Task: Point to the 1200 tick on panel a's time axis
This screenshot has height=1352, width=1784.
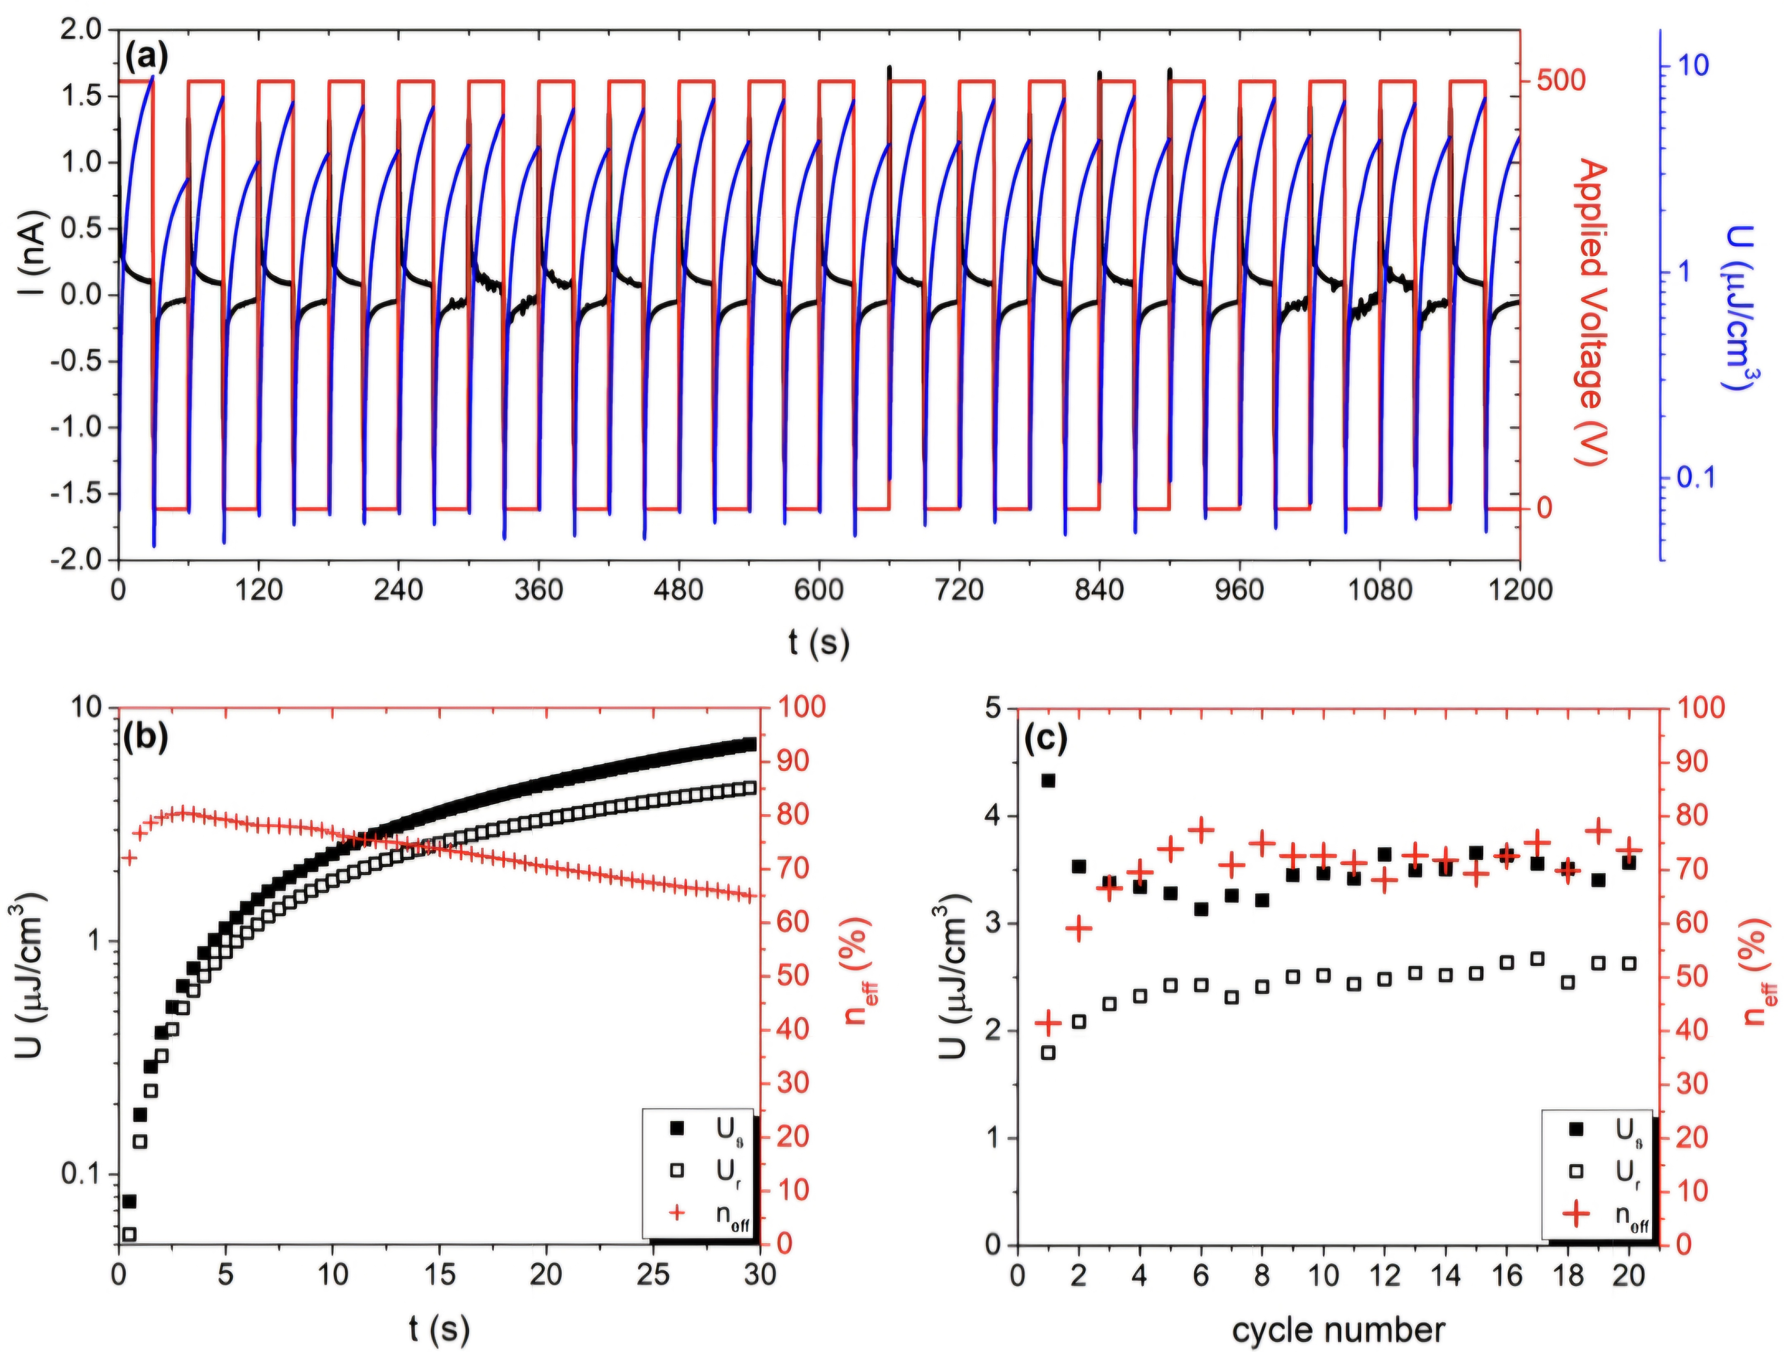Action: pyautogui.click(x=1519, y=589)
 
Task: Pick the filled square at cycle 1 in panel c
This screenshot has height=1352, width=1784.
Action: pyautogui.click(x=1049, y=780)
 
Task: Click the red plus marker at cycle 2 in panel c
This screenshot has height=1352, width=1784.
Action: pyautogui.click(x=1079, y=929)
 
